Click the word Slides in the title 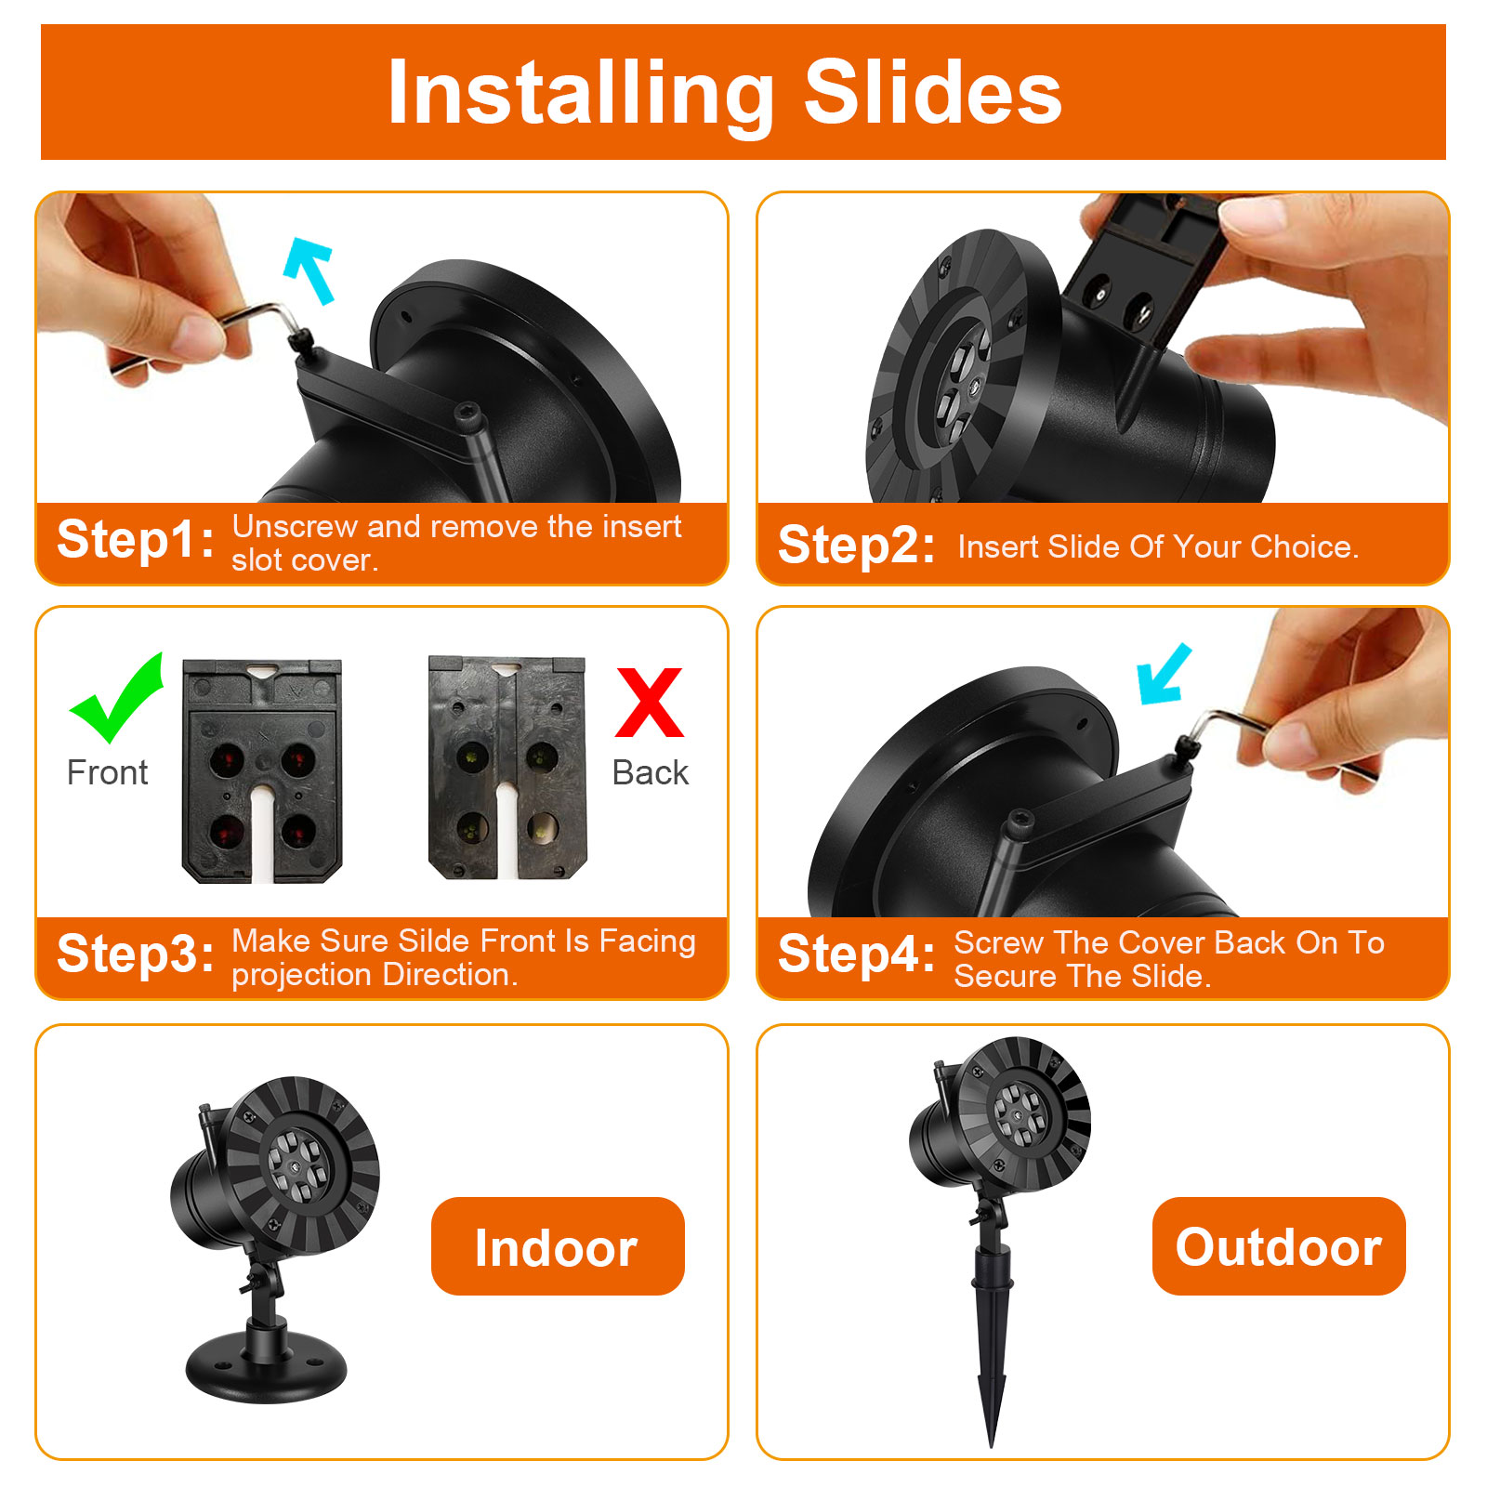932,92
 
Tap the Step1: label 136,540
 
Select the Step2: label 856,545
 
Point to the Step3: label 136,954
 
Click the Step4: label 856,954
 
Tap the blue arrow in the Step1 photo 309,270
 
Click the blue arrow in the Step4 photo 1164,674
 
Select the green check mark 117,699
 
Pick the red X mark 649,703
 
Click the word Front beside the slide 107,772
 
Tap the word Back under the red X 651,772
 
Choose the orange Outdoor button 1279,1246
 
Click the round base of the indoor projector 266,1365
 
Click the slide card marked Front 262,770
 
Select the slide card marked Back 507,768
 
